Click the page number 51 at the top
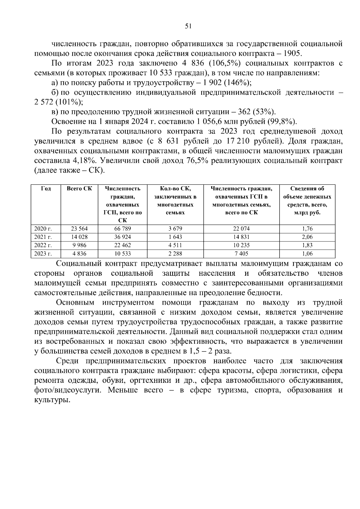tap(188, 26)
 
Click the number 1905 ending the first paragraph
tap(292, 54)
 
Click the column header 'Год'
tap(46, 189)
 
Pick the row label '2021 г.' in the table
tap(43, 237)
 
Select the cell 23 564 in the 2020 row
tap(79, 229)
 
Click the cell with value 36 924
tap(122, 237)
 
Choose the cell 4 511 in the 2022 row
tap(175, 245)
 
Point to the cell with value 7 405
tap(241, 254)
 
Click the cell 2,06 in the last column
tap(307, 237)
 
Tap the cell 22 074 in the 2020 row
tap(241, 229)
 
